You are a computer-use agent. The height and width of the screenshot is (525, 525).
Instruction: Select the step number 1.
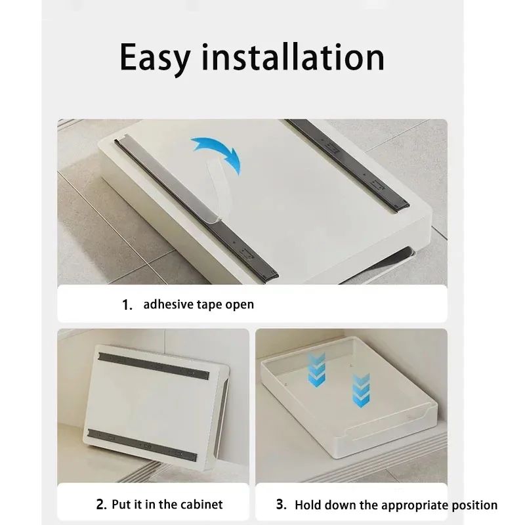[x=127, y=304]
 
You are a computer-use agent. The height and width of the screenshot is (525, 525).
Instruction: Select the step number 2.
[x=101, y=505]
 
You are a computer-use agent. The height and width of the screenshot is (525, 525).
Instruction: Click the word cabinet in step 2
[x=201, y=504]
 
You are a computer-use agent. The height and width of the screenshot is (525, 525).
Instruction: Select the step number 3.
[x=281, y=505]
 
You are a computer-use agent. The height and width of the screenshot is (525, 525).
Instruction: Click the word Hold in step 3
[x=308, y=505]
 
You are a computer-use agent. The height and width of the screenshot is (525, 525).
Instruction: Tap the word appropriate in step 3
[x=412, y=505]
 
